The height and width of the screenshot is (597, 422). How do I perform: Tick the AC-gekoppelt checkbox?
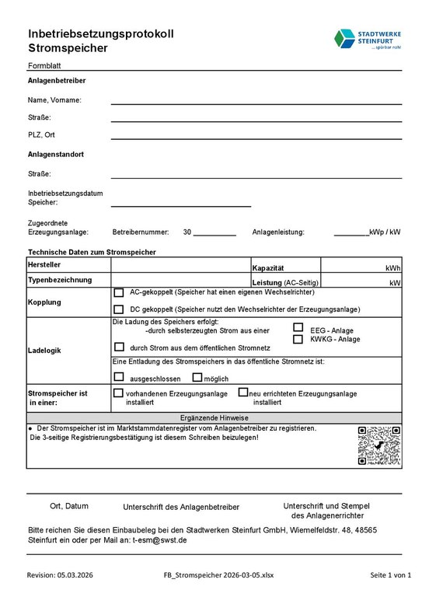point(119,293)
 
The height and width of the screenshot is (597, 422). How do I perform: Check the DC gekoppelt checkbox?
point(119,309)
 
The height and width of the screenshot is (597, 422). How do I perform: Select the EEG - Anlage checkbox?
point(298,328)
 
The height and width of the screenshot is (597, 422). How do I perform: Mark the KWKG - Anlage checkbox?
point(298,339)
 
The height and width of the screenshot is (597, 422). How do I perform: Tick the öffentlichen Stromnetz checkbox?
point(119,347)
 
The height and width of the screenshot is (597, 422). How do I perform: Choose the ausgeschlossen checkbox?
point(119,377)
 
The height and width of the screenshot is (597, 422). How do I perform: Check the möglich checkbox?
point(197,377)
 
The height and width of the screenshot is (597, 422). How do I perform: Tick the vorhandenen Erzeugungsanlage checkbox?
point(119,393)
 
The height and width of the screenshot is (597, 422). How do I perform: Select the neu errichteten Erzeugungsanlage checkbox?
point(243,393)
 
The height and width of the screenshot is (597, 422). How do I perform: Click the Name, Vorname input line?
point(256,102)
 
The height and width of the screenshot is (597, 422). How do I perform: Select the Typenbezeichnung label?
point(60,280)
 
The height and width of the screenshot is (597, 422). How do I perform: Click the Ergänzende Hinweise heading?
point(214,417)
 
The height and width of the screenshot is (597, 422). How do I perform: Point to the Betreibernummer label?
point(141,232)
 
